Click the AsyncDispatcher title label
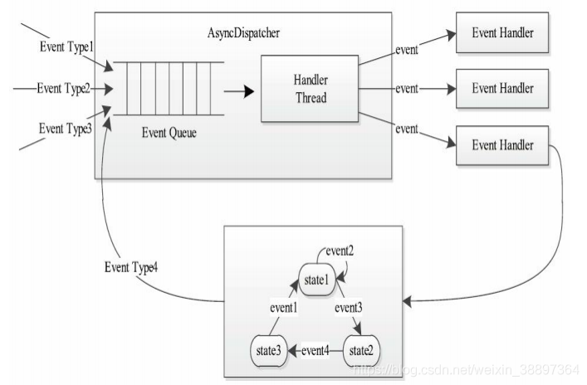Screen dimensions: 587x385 pyautogui.click(x=243, y=33)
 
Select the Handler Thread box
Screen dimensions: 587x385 pyautogui.click(x=310, y=89)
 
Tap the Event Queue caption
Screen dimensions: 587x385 pyautogui.click(x=169, y=133)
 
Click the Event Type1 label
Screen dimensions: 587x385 pyautogui.click(x=66, y=47)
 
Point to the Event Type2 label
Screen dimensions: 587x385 pyautogui.click(x=64, y=89)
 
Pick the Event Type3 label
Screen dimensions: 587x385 pyautogui.click(x=66, y=129)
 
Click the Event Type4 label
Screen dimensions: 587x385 pyautogui.click(x=131, y=267)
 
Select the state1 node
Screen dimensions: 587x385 pyautogui.click(x=316, y=280)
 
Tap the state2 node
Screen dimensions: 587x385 pyautogui.click(x=361, y=351)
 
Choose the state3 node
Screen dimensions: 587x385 pyautogui.click(x=268, y=351)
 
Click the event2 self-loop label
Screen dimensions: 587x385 pyautogui.click(x=340, y=251)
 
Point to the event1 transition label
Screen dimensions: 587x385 pyautogui.click(x=284, y=308)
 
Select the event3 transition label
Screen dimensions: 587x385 pyautogui.click(x=349, y=308)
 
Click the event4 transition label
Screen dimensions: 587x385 pyautogui.click(x=316, y=351)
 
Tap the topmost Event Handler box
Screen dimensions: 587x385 pyautogui.click(x=502, y=32)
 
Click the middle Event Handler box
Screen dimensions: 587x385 pyautogui.click(x=502, y=89)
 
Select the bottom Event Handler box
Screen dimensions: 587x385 pyautogui.click(x=502, y=145)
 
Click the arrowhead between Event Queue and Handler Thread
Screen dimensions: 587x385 pyautogui.click(x=249, y=91)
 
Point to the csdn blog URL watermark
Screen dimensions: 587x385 pyautogui.click(x=466, y=370)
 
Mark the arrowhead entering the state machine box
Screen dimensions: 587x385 pyautogui.click(x=408, y=301)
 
